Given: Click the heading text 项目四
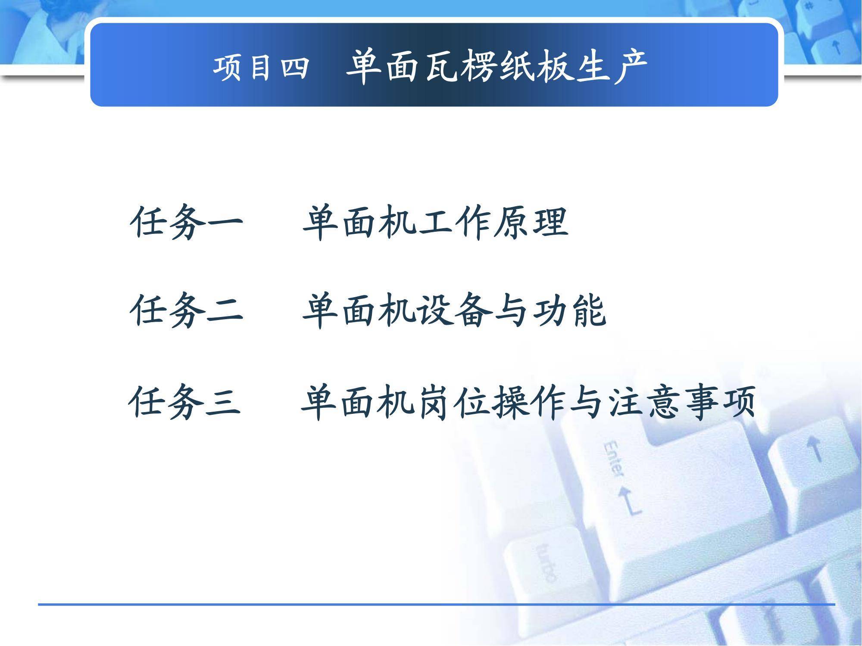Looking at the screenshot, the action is pyautogui.click(x=261, y=68).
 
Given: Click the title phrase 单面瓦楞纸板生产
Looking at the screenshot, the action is pyautogui.click(x=497, y=67).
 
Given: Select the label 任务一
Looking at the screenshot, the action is pyautogui.click(x=186, y=222).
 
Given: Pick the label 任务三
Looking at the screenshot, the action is pyautogui.click(x=184, y=401).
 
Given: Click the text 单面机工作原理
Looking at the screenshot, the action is pyautogui.click(x=436, y=223).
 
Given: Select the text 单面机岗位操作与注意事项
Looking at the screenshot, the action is pyautogui.click(x=528, y=402).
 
